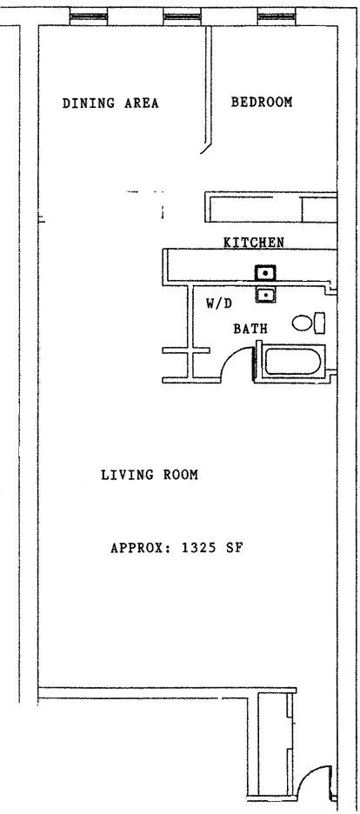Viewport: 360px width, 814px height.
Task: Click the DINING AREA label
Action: click(x=110, y=103)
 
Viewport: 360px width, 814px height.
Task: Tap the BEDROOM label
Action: click(x=262, y=102)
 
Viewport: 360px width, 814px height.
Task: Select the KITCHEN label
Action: click(x=254, y=243)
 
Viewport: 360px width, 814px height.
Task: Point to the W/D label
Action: click(x=219, y=304)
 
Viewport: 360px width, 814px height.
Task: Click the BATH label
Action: click(x=250, y=329)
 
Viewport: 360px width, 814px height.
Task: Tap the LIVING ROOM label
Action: click(x=150, y=475)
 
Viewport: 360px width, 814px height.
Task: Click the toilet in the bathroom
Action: click(x=309, y=323)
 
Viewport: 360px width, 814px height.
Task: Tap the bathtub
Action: click(x=292, y=361)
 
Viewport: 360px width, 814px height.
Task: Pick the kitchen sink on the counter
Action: click(x=264, y=272)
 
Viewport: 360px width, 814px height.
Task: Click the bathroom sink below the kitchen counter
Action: click(x=265, y=295)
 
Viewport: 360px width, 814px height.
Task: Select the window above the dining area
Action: click(x=89, y=17)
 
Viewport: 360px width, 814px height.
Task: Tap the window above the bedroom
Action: click(x=277, y=17)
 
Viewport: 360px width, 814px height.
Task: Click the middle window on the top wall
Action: click(x=182, y=17)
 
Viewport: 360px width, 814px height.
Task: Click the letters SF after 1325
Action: click(x=234, y=548)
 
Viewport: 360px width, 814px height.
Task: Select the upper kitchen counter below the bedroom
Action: click(x=270, y=207)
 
